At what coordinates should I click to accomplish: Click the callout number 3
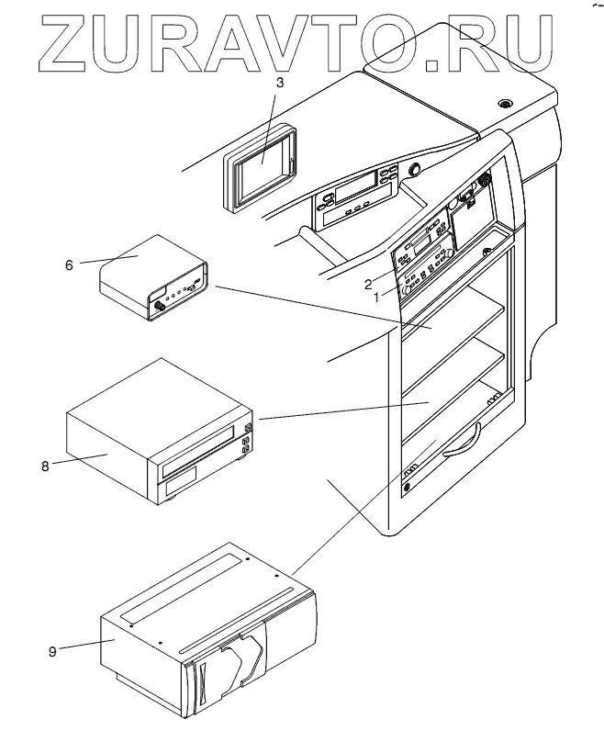pyautogui.click(x=281, y=82)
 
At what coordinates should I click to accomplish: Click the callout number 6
pyautogui.click(x=69, y=264)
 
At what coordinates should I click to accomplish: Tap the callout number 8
pyautogui.click(x=44, y=466)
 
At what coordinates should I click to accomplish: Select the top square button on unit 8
pyautogui.click(x=249, y=427)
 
